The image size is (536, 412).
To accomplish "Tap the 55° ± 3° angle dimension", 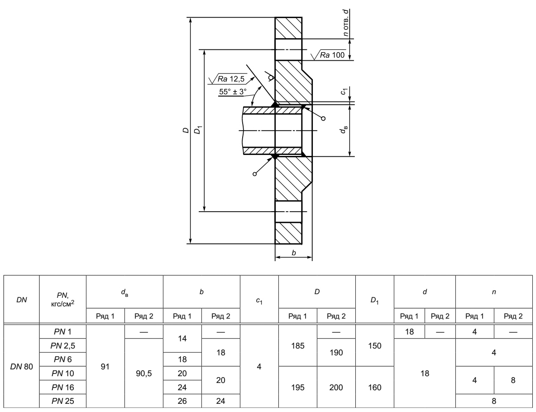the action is coord(233,92).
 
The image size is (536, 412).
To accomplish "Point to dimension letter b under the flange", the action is coord(294,253).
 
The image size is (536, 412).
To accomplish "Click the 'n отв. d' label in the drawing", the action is coord(346,23).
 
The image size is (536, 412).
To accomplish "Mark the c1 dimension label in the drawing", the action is coord(345,91).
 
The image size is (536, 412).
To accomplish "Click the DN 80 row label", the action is coord(22,367).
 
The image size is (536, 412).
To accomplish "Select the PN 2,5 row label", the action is coord(62,346).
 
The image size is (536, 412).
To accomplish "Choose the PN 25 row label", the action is coord(62,401).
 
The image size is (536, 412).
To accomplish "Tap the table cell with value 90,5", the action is coord(144,373).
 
